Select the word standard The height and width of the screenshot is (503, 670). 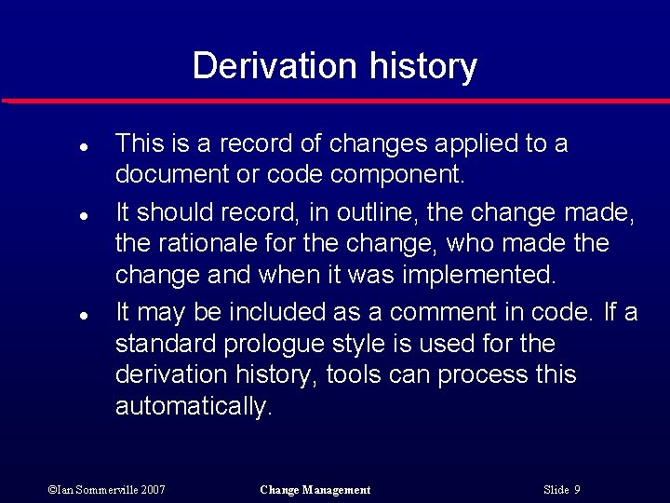click(x=165, y=345)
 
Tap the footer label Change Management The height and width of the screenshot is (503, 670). click(x=315, y=490)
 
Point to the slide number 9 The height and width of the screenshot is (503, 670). click(x=577, y=490)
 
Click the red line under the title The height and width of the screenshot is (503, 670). click(x=335, y=101)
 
